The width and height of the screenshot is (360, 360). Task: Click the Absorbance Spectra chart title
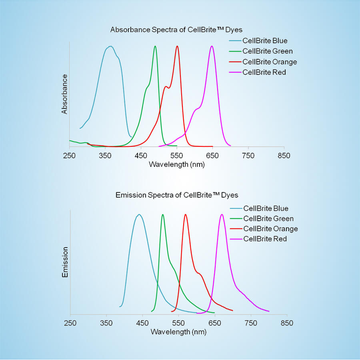tap(176, 30)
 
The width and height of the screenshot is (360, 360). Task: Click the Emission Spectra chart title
tap(177, 195)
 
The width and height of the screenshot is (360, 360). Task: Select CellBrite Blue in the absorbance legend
tap(265, 41)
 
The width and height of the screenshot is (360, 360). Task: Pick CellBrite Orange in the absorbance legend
tap(270, 62)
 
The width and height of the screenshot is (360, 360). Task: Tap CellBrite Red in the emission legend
tap(265, 239)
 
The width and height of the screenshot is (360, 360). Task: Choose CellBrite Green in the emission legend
tap(268, 218)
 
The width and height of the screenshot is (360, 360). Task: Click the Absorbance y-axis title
tap(64, 94)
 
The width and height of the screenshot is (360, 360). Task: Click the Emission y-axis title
tap(65, 262)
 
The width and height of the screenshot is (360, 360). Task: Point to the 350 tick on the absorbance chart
tap(105, 156)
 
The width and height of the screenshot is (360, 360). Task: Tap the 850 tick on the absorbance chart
tap(284, 156)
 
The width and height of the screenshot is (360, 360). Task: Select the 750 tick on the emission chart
tap(251, 323)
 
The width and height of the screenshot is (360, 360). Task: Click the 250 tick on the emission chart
tap(70, 323)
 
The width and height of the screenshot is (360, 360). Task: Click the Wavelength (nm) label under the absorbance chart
tap(177, 164)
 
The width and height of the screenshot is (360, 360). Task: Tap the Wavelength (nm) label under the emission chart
tap(179, 332)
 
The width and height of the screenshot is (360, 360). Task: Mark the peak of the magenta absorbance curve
tap(212, 46)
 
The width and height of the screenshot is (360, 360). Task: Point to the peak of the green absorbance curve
tap(155, 46)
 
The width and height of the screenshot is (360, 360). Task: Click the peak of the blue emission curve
tap(139, 214)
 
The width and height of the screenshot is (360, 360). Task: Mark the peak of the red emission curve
tap(186, 214)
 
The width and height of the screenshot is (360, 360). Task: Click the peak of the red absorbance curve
tap(177, 46)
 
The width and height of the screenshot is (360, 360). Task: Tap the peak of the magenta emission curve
tap(222, 214)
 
